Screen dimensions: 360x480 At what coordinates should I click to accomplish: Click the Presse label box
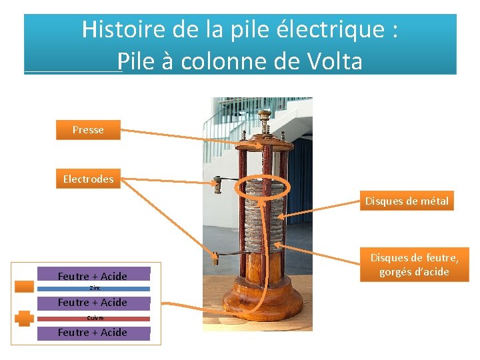point(88,130)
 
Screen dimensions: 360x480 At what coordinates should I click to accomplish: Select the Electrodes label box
point(88,179)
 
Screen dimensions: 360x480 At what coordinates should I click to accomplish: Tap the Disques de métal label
point(407,201)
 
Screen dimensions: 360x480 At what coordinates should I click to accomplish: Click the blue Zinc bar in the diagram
point(93,289)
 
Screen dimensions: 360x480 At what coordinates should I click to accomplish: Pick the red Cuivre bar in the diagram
point(93,318)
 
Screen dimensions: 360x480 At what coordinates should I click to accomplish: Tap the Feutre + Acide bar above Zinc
point(93,276)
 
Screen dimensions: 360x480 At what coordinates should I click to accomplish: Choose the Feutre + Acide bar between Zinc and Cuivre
point(93,303)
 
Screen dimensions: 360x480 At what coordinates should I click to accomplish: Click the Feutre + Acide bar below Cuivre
point(93,332)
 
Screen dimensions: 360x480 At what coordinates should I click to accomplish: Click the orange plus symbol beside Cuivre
point(25,318)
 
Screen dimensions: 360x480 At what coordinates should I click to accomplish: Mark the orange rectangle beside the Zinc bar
point(25,287)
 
